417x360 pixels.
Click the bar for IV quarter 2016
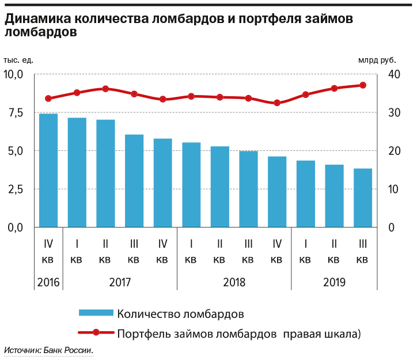(x=48, y=170)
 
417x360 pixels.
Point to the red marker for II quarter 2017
(x=105, y=89)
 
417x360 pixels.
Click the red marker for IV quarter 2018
(x=277, y=103)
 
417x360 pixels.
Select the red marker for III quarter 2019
(x=363, y=85)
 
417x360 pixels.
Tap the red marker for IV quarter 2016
(x=48, y=98)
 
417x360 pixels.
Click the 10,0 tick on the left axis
(x=13, y=74)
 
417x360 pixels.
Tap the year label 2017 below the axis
(x=120, y=282)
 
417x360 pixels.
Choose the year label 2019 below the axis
(x=334, y=282)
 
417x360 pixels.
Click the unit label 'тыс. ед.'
(x=18, y=60)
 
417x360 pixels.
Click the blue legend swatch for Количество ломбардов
(x=96, y=313)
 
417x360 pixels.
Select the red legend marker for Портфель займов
(x=96, y=333)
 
